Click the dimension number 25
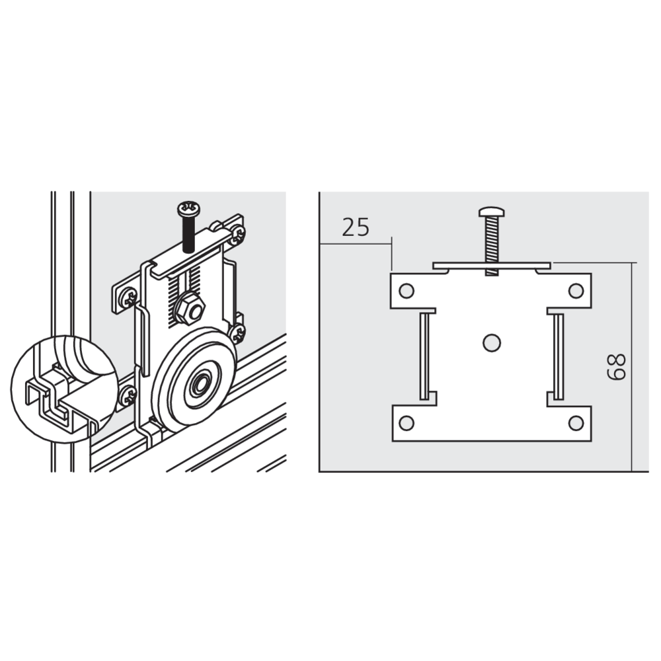356,227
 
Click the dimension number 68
616,366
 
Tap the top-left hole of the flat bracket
407,291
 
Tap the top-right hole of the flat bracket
576,291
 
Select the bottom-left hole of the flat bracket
407,423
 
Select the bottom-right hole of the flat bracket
576,423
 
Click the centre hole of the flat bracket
491,342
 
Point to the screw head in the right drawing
492,212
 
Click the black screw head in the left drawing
188,208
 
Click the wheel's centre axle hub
198,385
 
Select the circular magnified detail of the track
63,389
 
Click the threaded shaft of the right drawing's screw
492,246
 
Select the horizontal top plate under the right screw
492,266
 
